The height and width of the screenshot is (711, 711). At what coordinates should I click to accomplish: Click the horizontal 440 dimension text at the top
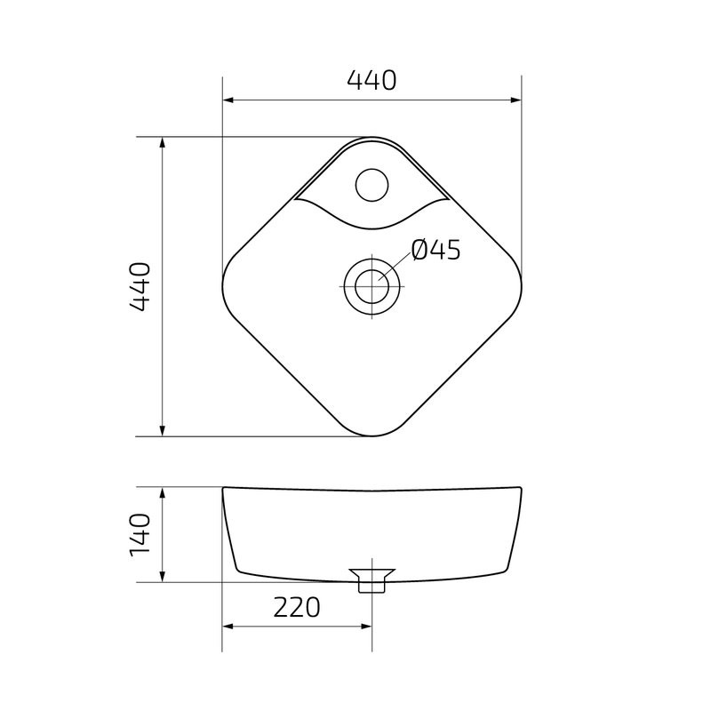(371, 81)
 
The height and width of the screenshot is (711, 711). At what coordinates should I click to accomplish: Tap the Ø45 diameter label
(436, 252)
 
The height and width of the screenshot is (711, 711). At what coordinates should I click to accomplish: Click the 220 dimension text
(295, 608)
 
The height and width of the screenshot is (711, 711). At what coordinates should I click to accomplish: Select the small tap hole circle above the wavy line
(371, 185)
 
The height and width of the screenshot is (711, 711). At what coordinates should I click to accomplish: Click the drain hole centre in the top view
(371, 286)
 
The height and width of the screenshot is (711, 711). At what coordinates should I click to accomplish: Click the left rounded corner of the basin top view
(223, 286)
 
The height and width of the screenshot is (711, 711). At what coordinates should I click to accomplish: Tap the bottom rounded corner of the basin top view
(371, 435)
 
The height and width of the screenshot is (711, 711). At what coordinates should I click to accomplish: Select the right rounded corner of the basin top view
(520, 286)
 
